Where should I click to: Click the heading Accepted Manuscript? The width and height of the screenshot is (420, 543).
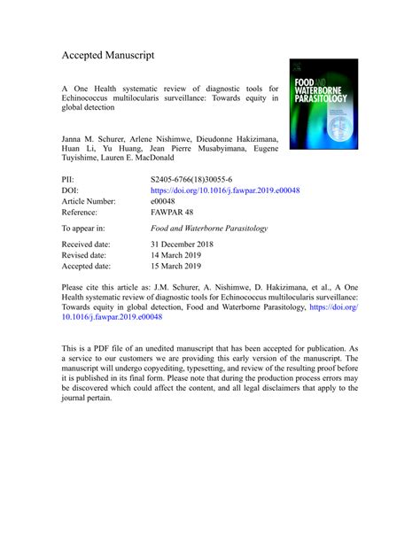tap(108, 55)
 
